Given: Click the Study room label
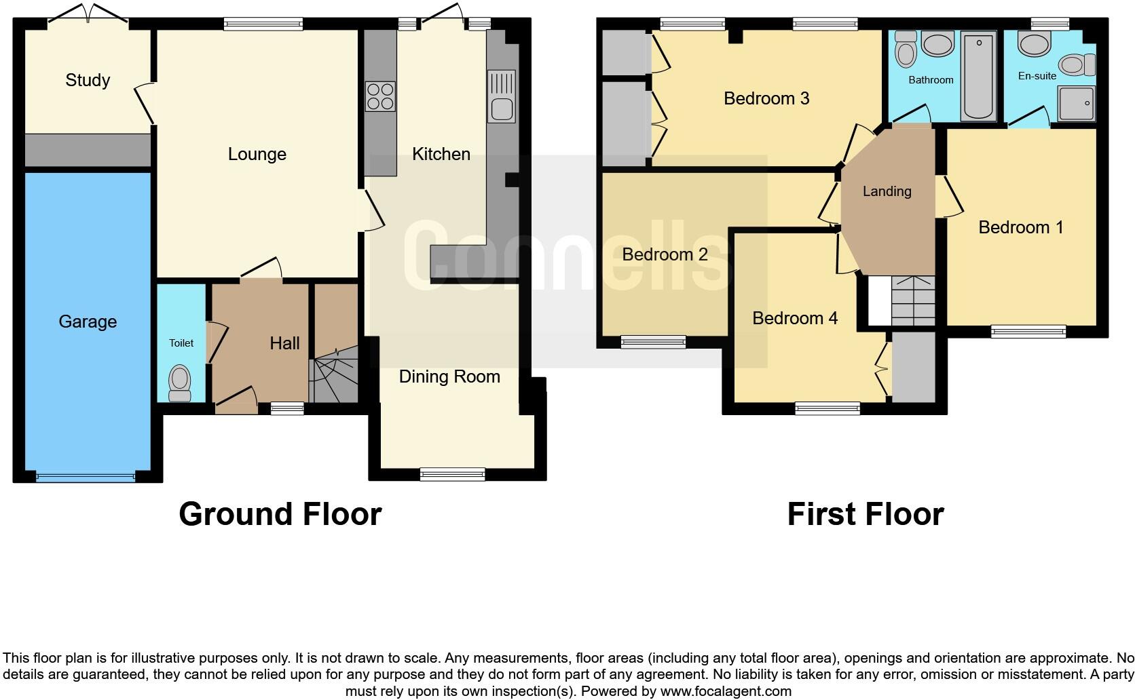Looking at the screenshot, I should (88, 80).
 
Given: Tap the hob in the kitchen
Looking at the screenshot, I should (380, 96).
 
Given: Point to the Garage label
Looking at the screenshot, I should (88, 322).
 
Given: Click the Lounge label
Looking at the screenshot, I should (257, 154).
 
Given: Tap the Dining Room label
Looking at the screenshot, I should (449, 376).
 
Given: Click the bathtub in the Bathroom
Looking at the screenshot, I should (978, 78).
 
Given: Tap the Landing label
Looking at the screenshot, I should (887, 191).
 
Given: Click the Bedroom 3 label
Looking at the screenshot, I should (766, 98).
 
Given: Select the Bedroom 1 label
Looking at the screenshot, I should (1020, 227).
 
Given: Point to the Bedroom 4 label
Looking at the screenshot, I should (795, 318).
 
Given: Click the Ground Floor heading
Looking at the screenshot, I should (280, 514).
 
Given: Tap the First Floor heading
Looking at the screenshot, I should (865, 514).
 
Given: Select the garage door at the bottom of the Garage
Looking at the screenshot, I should (86, 477).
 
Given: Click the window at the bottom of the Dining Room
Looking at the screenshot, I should (453, 474).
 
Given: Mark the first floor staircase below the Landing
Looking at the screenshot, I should (912, 301).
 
